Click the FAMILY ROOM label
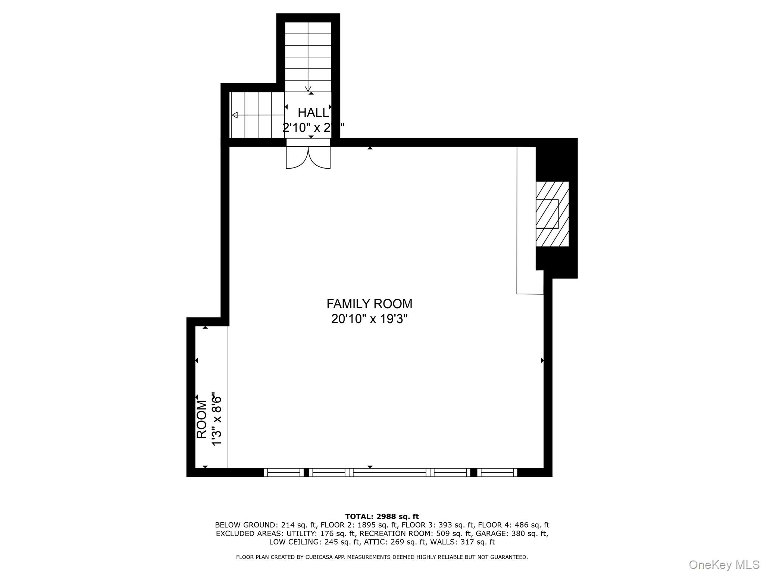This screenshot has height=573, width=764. (369, 304)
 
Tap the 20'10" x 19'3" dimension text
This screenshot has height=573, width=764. (369, 319)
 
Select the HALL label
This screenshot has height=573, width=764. (313, 113)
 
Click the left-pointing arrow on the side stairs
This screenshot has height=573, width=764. (235, 115)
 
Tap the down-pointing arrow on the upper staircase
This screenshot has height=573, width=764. (308, 88)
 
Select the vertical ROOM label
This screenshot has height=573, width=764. (201, 419)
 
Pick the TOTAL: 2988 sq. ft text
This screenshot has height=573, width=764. (382, 516)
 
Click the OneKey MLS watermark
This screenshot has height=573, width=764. (724, 564)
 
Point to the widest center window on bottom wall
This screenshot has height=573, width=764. (389, 473)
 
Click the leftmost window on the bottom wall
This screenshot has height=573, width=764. (284, 473)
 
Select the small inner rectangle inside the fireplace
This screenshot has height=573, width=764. (547, 214)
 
